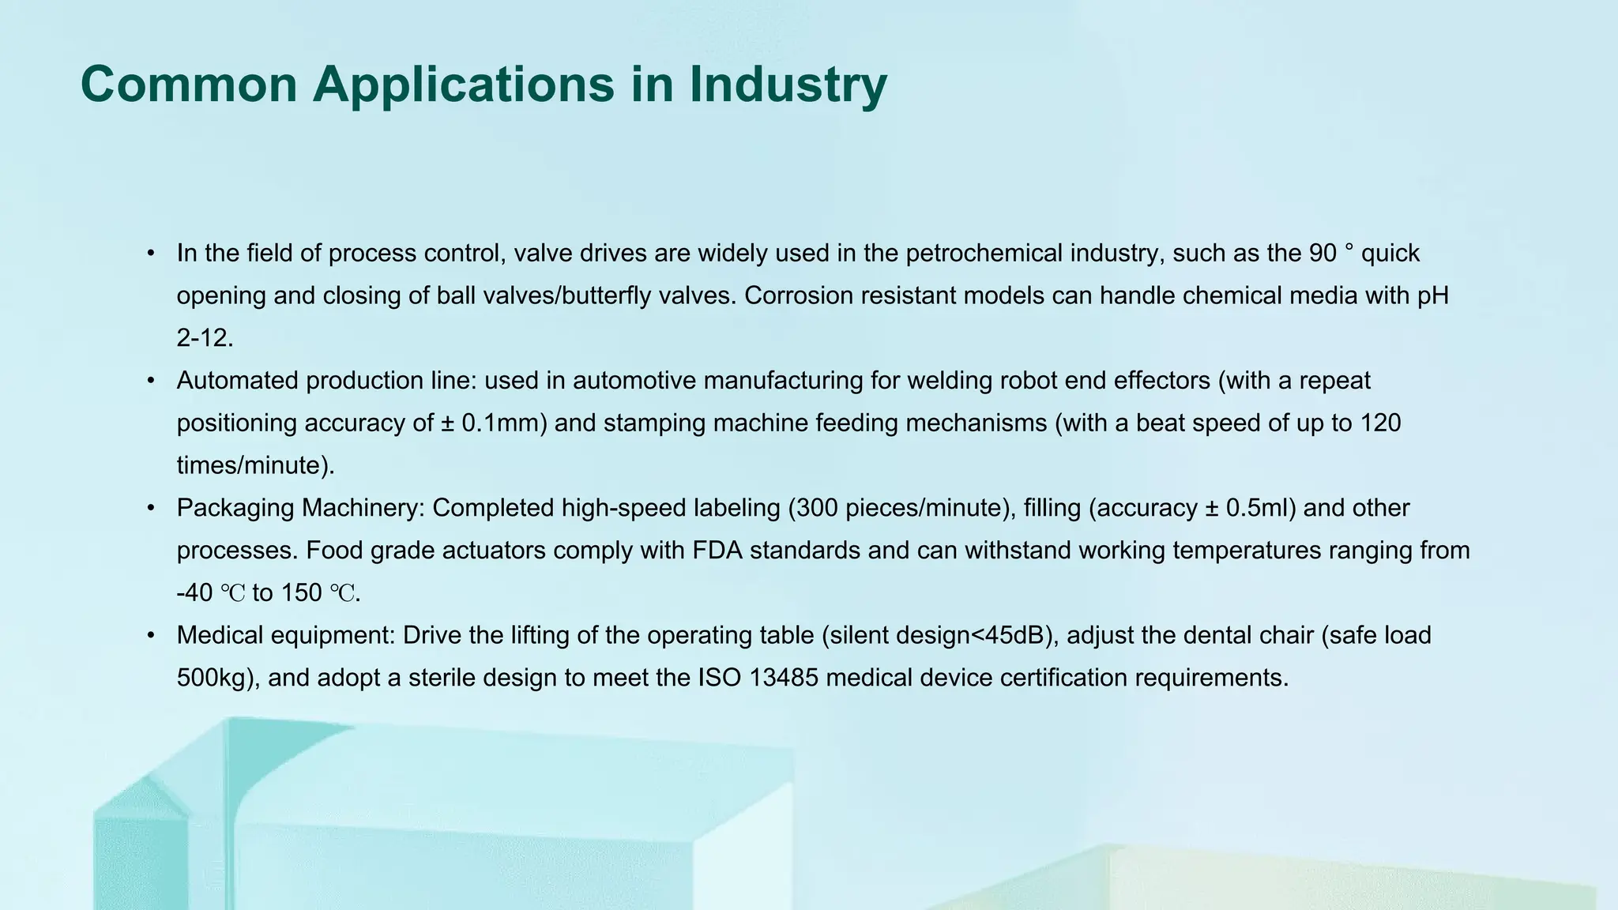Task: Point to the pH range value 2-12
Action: pyautogui.click(x=205, y=338)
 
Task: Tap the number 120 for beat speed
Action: pyautogui.click(x=1379, y=423)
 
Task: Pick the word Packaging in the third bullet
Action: pyautogui.click(x=235, y=508)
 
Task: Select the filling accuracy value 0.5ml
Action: pyautogui.click(x=1261, y=508)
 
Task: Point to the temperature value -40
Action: pyautogui.click(x=194, y=593)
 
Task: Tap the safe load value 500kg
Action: pyautogui.click(x=213, y=678)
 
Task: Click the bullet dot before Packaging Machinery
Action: pyautogui.click(x=151, y=508)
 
